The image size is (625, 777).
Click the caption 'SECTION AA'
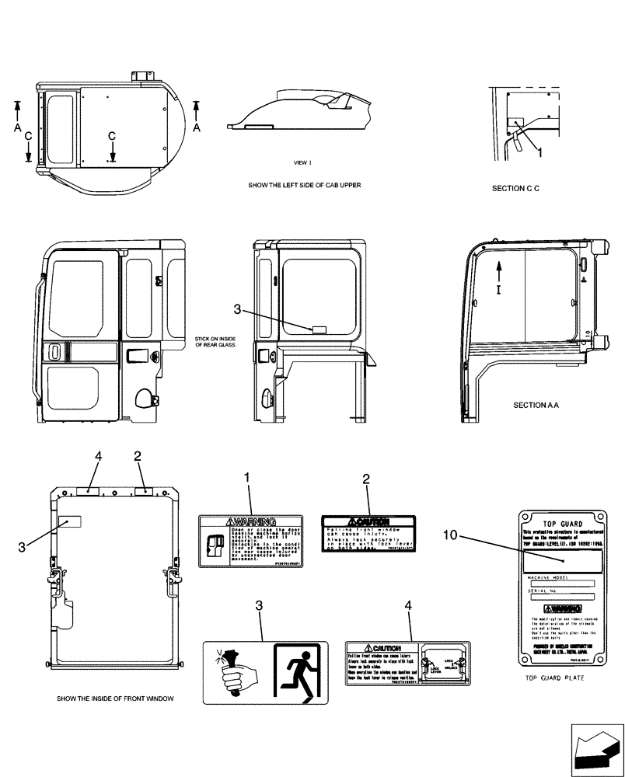point(536,405)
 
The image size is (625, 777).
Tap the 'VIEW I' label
point(302,163)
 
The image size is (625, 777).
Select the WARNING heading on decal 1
point(250,521)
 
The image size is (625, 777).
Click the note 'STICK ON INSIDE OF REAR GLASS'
point(215,343)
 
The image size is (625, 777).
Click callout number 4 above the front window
point(99,458)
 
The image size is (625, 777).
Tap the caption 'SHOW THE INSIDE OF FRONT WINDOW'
point(114,699)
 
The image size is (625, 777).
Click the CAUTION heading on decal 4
point(381,648)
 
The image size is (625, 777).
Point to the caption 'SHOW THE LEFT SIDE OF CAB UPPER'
point(304,186)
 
